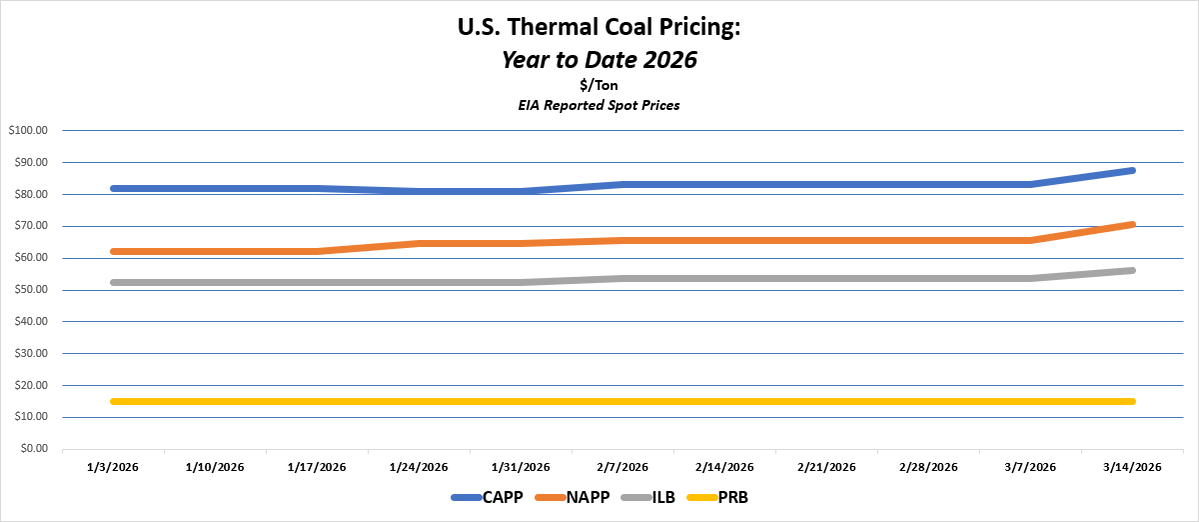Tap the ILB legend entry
coord(659,497)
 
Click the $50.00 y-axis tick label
coord(29,290)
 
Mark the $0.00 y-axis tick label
coord(32,449)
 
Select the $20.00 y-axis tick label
coord(29,385)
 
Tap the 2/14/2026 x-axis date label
coord(724,467)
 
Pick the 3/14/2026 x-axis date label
coord(1131,467)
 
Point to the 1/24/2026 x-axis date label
coord(419,467)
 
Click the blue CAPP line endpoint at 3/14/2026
coord(1131,171)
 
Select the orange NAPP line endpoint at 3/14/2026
coord(1131,224)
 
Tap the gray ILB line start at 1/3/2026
coord(114,283)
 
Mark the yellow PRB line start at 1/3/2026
coord(114,402)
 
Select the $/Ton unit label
coord(599,85)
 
